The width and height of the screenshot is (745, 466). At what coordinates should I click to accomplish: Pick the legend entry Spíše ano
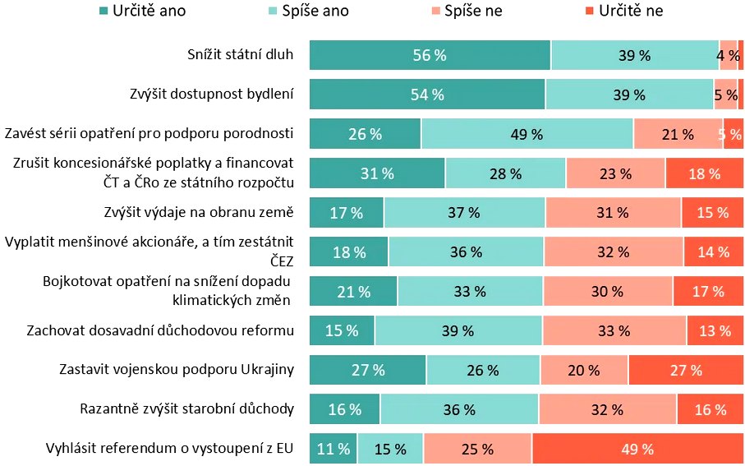click(x=310, y=11)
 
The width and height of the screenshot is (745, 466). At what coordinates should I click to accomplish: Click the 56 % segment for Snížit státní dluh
click(x=430, y=55)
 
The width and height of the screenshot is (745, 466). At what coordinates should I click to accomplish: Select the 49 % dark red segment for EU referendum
click(x=637, y=449)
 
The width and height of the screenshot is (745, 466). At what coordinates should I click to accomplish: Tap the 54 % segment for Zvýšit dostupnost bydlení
click(x=427, y=95)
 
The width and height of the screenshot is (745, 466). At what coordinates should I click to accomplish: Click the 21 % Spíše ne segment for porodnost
click(x=678, y=134)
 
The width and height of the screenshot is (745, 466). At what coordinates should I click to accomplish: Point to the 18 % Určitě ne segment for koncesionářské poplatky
click(x=704, y=173)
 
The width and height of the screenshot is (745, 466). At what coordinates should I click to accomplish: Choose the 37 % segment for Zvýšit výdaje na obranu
click(x=464, y=213)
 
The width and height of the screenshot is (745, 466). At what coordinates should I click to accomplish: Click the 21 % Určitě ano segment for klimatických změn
click(x=353, y=291)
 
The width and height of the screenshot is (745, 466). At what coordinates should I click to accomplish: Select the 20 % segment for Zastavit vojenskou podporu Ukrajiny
click(x=584, y=370)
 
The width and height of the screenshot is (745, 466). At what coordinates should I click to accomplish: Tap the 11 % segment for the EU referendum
click(x=333, y=449)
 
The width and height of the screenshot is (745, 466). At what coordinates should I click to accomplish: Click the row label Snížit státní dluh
click(x=240, y=55)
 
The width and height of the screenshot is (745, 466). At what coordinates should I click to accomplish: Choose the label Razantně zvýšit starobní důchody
click(x=186, y=409)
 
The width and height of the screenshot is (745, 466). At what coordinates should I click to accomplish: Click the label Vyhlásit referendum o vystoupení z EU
click(x=169, y=449)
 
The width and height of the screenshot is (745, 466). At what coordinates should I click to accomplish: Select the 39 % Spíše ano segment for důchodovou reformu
click(x=458, y=330)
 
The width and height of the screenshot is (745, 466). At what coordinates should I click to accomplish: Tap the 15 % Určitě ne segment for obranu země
click(x=711, y=213)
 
